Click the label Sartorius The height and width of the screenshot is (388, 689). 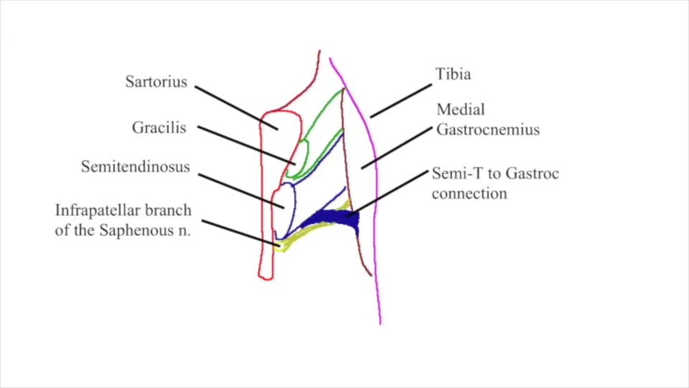click(156, 82)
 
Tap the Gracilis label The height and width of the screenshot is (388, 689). click(159, 128)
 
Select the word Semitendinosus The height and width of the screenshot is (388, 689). click(136, 167)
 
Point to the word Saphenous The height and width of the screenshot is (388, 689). click(140, 231)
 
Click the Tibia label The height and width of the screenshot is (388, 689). click(453, 74)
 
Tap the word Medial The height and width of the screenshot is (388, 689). click(460, 110)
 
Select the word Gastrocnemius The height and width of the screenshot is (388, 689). click(488, 130)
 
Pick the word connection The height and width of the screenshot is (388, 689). click(469, 193)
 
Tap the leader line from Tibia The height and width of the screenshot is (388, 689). click(400, 100)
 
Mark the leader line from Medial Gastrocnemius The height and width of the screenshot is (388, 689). click(397, 148)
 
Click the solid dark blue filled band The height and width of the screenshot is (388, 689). click(331, 219)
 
